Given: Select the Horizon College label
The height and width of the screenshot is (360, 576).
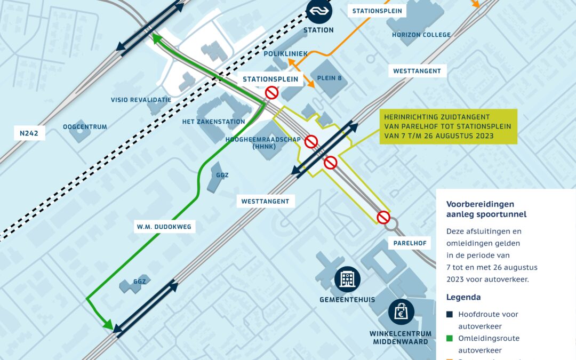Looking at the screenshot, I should pos(421,35).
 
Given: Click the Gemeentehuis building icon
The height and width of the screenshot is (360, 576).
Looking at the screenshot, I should pos(348,279).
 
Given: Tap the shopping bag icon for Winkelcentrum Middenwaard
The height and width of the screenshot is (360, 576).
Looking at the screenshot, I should pos(401,312).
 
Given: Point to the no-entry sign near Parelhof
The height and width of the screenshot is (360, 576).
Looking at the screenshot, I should pos(383,217).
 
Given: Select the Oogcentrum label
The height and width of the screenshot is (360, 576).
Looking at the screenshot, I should pos(85,127).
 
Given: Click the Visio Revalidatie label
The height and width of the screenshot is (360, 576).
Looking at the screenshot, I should pos(141,100).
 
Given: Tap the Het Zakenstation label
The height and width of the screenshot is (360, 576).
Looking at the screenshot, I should pos(213,122).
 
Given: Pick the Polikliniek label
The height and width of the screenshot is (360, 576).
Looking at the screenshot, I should pos(286,54).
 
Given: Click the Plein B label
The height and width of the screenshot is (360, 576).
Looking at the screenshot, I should pos(330,78).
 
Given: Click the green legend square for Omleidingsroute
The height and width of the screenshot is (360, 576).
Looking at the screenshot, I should pos(450,338).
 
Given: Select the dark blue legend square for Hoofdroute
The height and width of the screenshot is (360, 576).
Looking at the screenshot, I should pos(450,314).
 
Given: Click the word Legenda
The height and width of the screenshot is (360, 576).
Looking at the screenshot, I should pos(463,297).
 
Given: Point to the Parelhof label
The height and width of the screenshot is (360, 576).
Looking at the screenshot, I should pos(410,243).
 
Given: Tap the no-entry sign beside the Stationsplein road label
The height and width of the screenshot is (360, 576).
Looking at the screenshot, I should pos(272,93).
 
